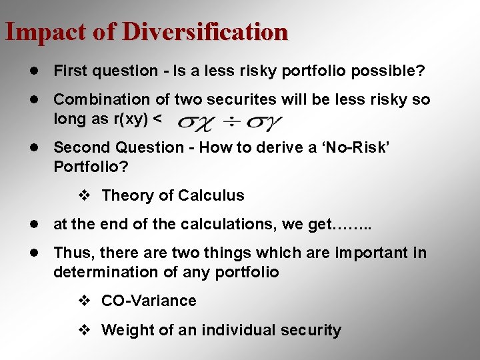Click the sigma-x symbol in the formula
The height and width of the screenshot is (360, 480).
click(198, 122)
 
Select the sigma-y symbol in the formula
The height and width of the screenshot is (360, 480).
click(265, 122)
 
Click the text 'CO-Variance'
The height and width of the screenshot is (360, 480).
click(149, 301)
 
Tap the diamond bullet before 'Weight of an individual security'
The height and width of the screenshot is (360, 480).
click(84, 330)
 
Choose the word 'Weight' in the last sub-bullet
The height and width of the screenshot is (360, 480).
click(126, 330)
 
